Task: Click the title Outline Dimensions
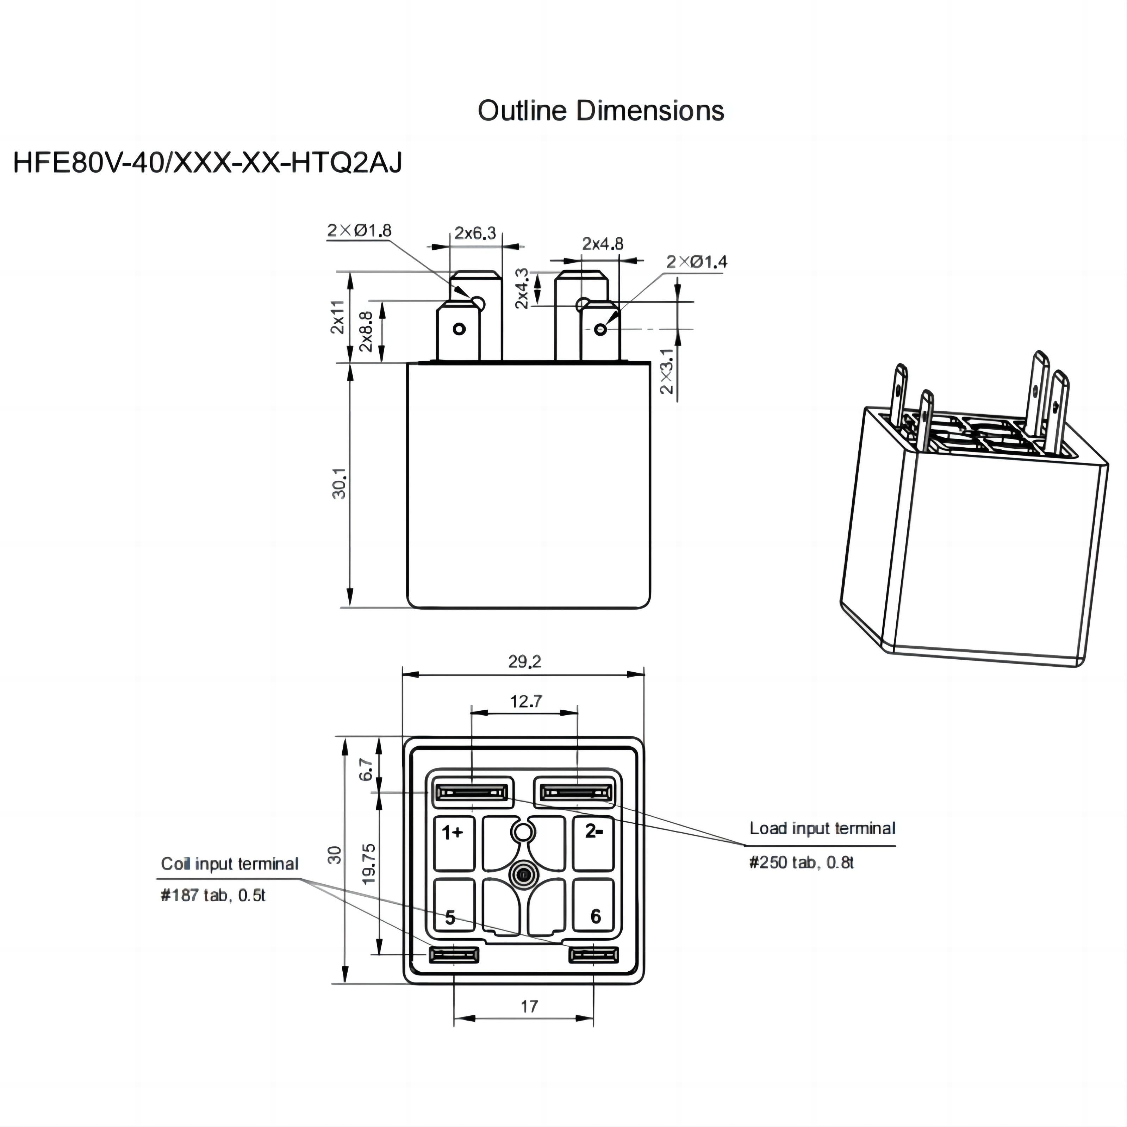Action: (x=601, y=111)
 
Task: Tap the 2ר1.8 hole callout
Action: (x=359, y=230)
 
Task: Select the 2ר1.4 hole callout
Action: (x=697, y=262)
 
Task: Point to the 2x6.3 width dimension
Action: (x=475, y=234)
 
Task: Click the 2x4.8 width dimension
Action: (x=603, y=244)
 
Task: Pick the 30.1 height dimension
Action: (x=339, y=483)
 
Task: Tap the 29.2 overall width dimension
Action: (x=524, y=661)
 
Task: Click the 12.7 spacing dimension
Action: (x=526, y=702)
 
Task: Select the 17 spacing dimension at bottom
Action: (x=529, y=1006)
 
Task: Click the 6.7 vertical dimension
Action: (x=366, y=770)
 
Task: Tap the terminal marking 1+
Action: (x=452, y=833)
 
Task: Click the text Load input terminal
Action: (x=822, y=828)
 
